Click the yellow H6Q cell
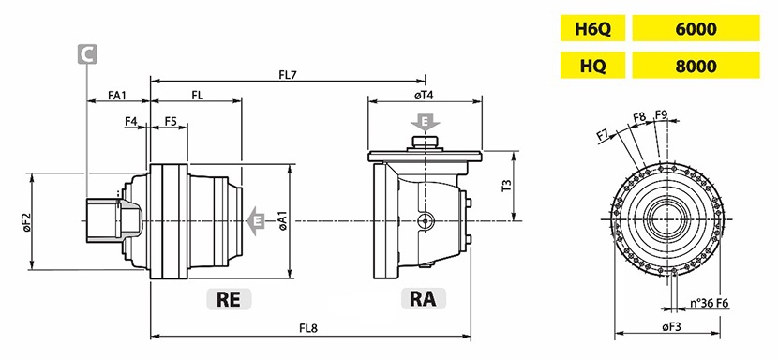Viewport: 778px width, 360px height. (592, 28)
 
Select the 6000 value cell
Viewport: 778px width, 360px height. (696, 28)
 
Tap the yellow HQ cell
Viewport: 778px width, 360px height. (592, 65)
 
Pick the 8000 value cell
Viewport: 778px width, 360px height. (696, 65)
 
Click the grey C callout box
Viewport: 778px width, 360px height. (87, 54)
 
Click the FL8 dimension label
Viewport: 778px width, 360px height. (308, 328)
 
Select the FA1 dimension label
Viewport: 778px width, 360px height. (117, 95)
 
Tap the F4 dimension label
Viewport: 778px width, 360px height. (131, 121)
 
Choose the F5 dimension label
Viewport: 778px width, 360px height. (171, 121)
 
